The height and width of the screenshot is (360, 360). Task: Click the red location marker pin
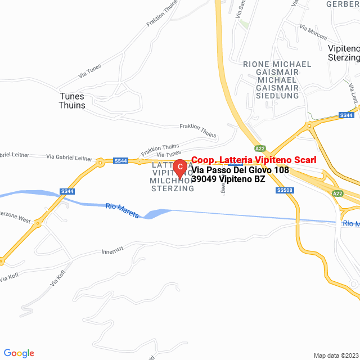pyautogui.click(x=179, y=168)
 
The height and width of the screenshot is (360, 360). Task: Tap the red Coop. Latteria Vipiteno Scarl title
pyautogui.click(x=254, y=160)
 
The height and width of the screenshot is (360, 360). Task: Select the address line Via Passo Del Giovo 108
pyautogui.click(x=240, y=170)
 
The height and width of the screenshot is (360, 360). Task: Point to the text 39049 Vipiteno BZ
pyautogui.click(x=228, y=179)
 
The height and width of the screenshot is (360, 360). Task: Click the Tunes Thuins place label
pyautogui.click(x=73, y=101)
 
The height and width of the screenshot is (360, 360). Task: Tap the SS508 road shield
pyautogui.click(x=285, y=190)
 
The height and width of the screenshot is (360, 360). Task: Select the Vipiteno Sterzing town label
pyautogui.click(x=343, y=53)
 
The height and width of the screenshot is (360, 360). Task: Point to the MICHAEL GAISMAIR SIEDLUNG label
pyautogui.click(x=277, y=88)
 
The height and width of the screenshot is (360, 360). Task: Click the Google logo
pyautogui.click(x=19, y=353)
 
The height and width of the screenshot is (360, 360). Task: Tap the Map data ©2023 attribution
pyautogui.click(x=336, y=355)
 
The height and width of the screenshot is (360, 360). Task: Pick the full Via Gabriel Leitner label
pyautogui.click(x=69, y=157)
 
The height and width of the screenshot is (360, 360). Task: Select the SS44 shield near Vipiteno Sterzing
pyautogui.click(x=346, y=115)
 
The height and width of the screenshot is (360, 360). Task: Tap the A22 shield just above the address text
pyautogui.click(x=259, y=148)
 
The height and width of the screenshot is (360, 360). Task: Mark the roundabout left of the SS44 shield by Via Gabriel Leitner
pyautogui.click(x=100, y=163)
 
